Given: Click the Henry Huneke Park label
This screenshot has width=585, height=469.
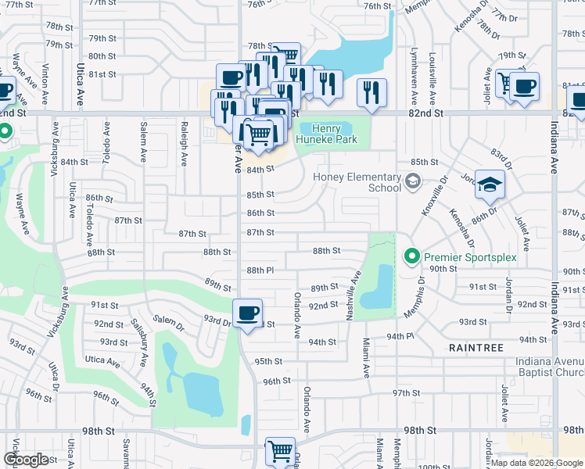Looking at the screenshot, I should point(335,134).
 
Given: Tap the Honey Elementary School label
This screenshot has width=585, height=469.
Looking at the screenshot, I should point(357,182).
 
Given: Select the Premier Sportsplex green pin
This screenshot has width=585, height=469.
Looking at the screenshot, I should point(410,256).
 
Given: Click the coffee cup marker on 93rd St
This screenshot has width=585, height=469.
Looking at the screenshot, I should point(248,313).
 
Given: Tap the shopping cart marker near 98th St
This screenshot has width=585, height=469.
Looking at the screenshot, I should point(280,451).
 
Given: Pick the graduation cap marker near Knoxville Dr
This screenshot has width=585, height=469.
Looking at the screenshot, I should point(490,184).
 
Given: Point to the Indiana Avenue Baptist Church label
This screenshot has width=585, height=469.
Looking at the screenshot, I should point(549,367).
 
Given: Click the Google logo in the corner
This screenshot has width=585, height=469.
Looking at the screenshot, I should point(26,460).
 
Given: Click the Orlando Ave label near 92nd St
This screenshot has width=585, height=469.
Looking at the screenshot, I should point(297,316).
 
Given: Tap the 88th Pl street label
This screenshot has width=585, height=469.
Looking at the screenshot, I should point(260,270).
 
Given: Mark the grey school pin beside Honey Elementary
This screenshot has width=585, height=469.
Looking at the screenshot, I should point(412,182).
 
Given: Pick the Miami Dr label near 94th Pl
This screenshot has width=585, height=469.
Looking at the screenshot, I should point(365,356).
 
